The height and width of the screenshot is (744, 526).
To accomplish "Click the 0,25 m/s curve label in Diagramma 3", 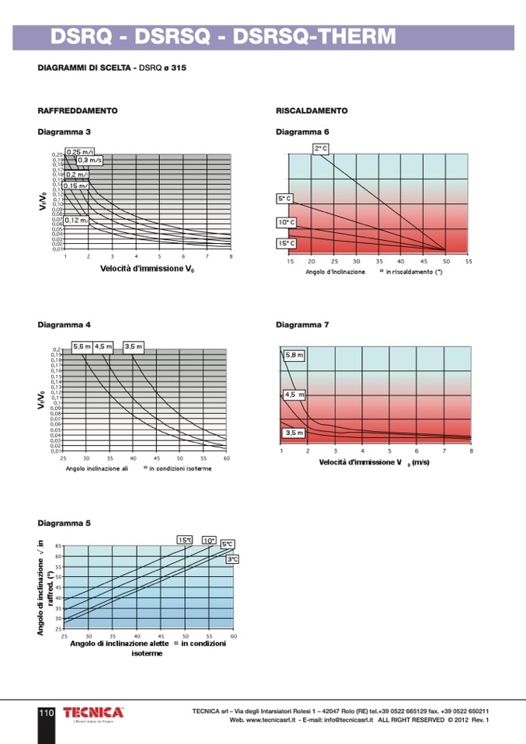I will pyautogui.click(x=79, y=152).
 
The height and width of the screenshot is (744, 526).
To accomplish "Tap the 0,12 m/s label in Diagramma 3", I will pyautogui.click(x=76, y=221).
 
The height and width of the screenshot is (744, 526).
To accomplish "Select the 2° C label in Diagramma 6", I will pyautogui.click(x=322, y=148).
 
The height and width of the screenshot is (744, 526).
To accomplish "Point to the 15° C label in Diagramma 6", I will pyautogui.click(x=286, y=244).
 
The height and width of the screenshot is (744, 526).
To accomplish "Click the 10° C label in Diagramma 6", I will pyautogui.click(x=286, y=223).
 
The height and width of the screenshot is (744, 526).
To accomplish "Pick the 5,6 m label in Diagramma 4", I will pyautogui.click(x=82, y=346).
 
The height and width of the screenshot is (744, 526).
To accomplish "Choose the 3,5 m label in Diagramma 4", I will pyautogui.click(x=134, y=346).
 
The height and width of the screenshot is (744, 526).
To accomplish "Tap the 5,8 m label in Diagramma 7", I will pyautogui.click(x=294, y=355).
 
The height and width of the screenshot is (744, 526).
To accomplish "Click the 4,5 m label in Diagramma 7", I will pyautogui.click(x=294, y=395).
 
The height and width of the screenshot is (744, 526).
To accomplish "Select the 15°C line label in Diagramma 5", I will pyautogui.click(x=185, y=540).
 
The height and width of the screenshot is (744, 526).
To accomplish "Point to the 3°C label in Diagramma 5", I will pyautogui.click(x=232, y=559).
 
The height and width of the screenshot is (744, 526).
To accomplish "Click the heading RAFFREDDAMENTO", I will pyautogui.click(x=78, y=111).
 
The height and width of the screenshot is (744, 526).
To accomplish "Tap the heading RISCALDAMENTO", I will pyautogui.click(x=312, y=111).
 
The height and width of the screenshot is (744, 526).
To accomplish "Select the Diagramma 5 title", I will pyautogui.click(x=64, y=523).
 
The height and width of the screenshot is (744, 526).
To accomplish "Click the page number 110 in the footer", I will pyautogui.click(x=46, y=712).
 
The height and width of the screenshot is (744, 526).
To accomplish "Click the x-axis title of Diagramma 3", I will pyautogui.click(x=147, y=269).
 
